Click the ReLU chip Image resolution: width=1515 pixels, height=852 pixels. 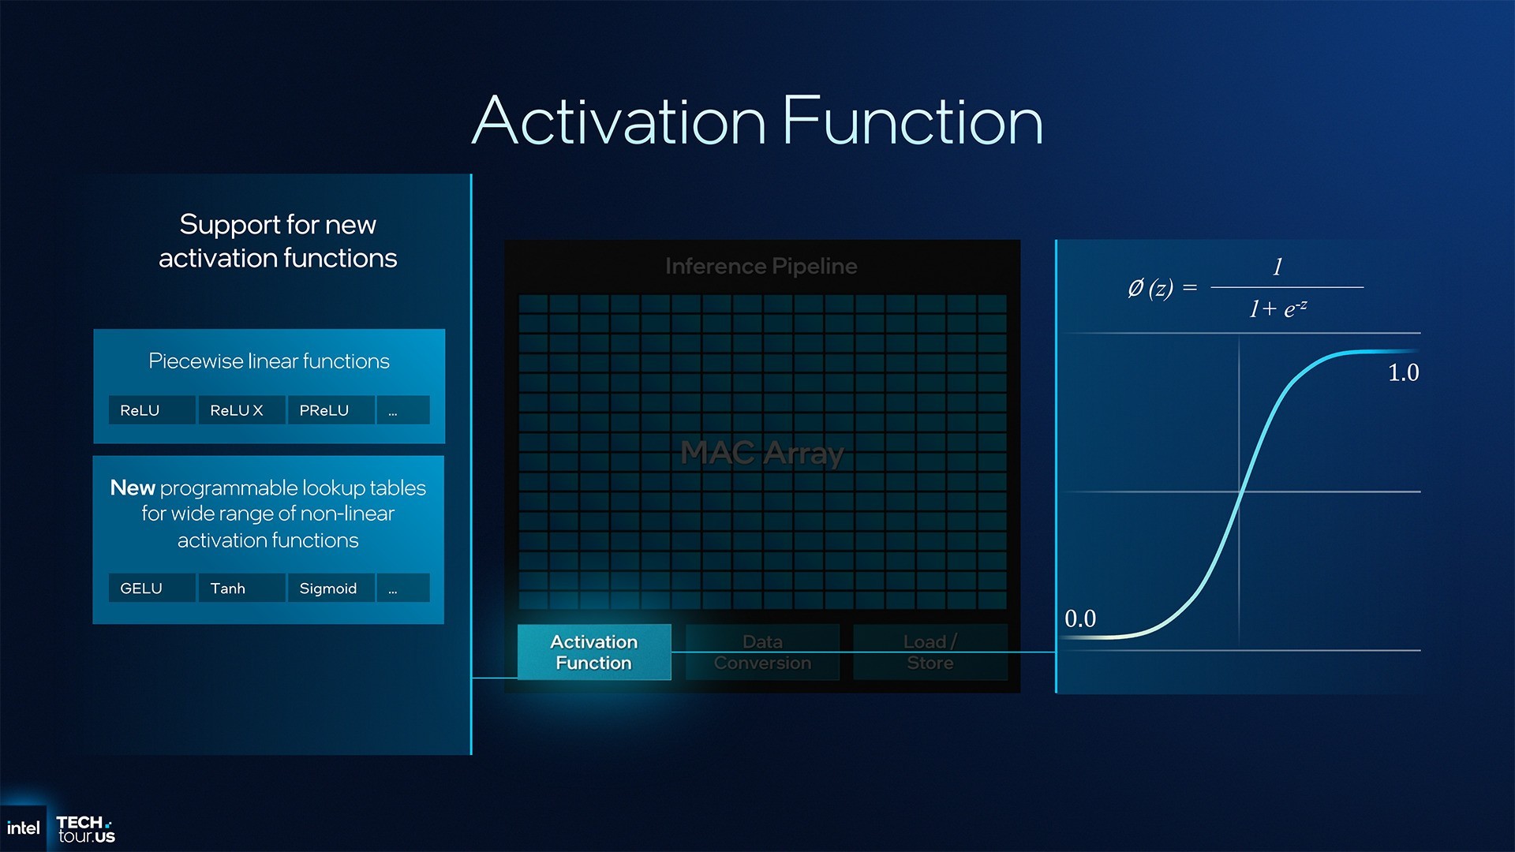click(151, 410)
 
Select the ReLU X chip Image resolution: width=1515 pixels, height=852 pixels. click(241, 410)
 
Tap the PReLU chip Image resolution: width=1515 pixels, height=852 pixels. click(331, 410)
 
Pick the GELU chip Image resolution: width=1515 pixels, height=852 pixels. click(151, 588)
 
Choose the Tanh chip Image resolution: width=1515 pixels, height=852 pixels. click(241, 588)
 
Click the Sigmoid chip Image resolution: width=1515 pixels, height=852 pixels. click(331, 588)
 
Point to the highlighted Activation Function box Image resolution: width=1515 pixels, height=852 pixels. click(594, 652)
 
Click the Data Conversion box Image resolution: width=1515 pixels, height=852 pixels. click(762, 652)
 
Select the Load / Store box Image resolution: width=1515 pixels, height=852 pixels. click(930, 652)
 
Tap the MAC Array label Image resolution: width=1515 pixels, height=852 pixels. click(762, 453)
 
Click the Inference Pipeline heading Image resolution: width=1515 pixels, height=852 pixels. click(761, 267)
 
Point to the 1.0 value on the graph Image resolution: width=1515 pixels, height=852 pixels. click(1403, 372)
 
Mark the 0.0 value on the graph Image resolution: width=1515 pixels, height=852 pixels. click(1080, 618)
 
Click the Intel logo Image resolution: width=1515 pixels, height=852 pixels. click(23, 828)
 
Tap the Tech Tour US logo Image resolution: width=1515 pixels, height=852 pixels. click(86, 830)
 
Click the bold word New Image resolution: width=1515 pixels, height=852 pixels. click(133, 488)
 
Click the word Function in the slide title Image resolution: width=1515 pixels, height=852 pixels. click(913, 121)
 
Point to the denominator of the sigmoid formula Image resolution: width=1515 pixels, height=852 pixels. click(1277, 308)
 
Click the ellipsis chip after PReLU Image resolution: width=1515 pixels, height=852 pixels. click(403, 410)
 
